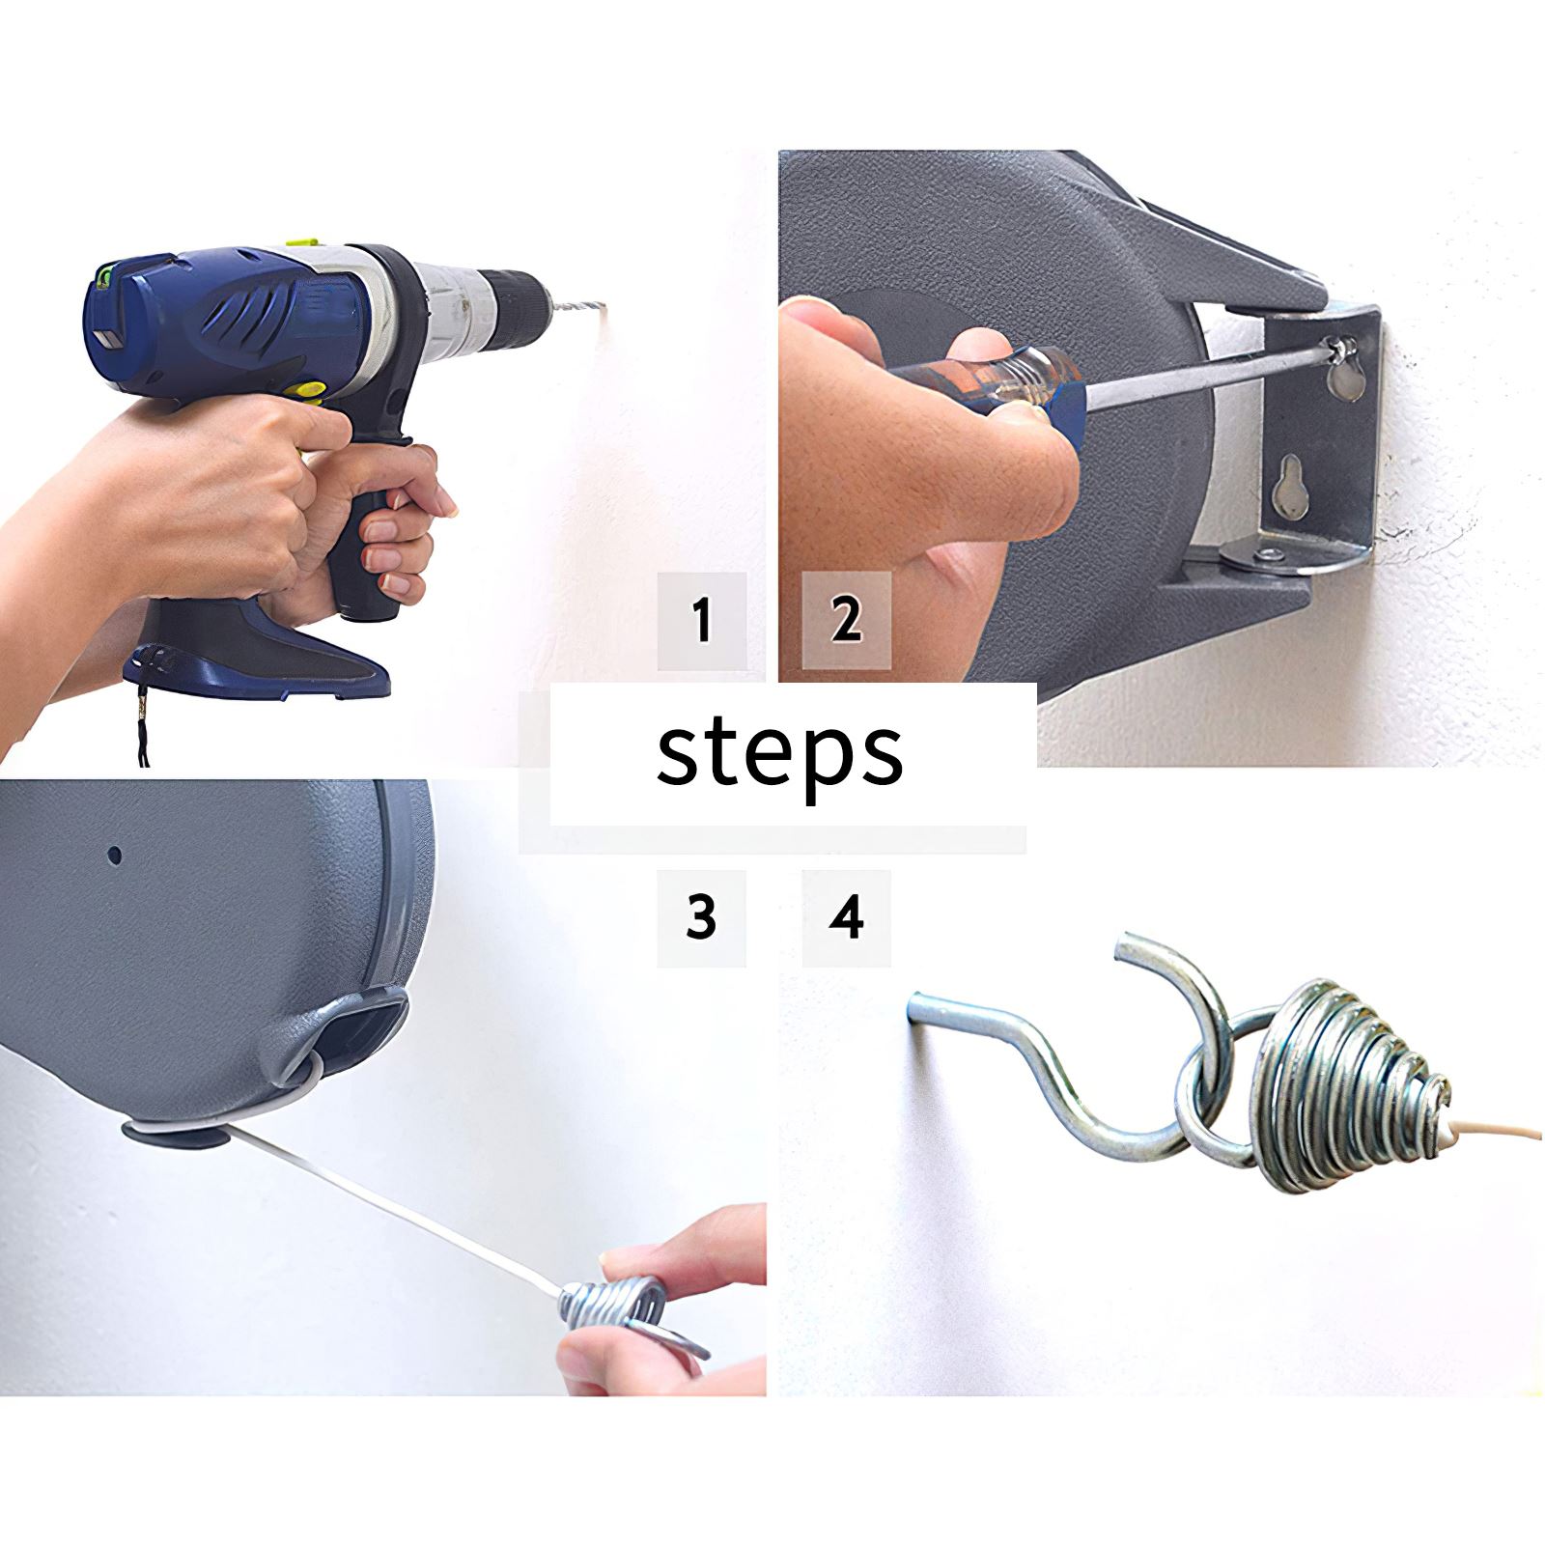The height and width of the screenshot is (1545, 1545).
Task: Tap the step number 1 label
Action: tap(702, 620)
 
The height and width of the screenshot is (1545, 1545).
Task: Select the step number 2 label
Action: tap(846, 620)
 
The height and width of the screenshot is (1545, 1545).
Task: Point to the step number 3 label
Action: tap(701, 917)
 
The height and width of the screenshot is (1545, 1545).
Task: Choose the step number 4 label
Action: tap(846, 917)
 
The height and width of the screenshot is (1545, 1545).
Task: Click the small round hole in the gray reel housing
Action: tap(114, 855)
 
